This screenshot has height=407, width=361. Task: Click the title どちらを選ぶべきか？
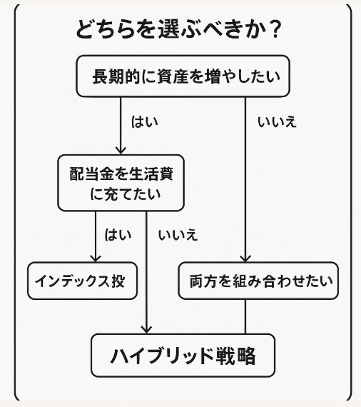178,29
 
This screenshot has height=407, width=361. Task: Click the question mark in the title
273,29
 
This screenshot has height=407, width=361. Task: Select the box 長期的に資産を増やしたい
183,76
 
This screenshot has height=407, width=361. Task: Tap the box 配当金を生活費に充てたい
121,183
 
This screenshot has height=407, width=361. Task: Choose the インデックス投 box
83,281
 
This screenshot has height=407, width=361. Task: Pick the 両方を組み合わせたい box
258,281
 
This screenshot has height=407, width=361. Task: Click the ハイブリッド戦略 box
183,355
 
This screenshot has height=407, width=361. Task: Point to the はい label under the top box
144,121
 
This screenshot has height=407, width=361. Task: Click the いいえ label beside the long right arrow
277,121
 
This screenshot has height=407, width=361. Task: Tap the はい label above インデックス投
118,235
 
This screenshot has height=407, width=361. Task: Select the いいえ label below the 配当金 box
178,235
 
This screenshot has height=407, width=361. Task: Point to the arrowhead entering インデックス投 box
96,258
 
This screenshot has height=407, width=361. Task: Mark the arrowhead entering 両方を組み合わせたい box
245,258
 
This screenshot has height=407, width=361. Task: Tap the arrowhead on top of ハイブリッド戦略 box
146,330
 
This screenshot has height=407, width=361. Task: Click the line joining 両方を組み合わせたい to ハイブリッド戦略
245,316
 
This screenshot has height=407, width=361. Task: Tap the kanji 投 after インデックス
118,281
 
